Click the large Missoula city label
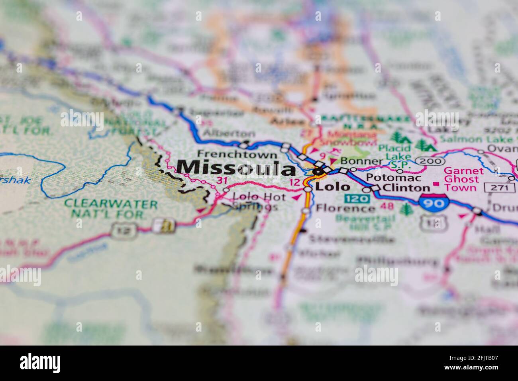pyautogui.click(x=237, y=168)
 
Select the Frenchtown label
pyautogui.click(x=237, y=154)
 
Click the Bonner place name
pyautogui.click(x=356, y=161)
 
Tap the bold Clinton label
pyautogui.click(x=406, y=188)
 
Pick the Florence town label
pyautogui.click(x=345, y=208)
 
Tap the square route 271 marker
pyautogui.click(x=495, y=187)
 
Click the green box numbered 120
pyautogui.click(x=355, y=198)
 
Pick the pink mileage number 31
pyautogui.click(x=222, y=181)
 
